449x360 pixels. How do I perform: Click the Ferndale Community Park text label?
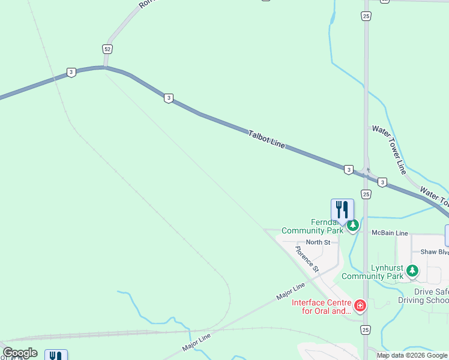[312, 226]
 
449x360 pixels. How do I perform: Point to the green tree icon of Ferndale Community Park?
[353, 226]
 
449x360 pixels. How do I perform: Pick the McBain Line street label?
[390, 233]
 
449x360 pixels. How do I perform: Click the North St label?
[318, 242]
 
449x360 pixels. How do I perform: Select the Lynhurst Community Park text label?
[372, 272]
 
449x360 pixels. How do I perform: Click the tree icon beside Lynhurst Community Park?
[412, 271]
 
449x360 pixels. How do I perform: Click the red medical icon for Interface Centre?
[360, 306]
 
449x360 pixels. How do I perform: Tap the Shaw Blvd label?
[435, 252]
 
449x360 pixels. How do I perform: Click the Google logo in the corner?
[20, 353]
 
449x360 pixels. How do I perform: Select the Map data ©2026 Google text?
[412, 355]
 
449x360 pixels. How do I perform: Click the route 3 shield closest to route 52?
[71, 72]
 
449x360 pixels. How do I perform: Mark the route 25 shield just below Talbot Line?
[366, 194]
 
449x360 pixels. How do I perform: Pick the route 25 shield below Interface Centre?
[366, 329]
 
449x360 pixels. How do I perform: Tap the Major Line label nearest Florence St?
[291, 293]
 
